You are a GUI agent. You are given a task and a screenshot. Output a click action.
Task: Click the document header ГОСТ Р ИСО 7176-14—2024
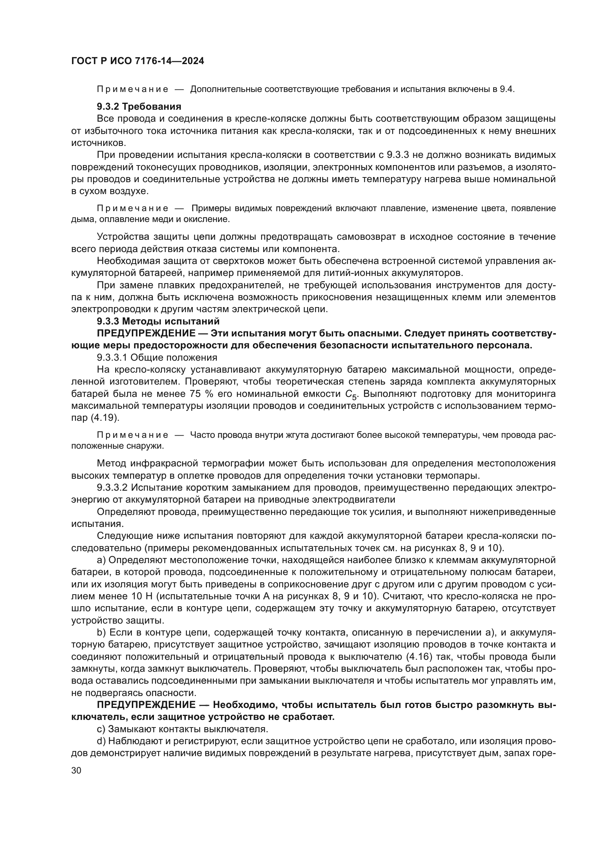point(137,61)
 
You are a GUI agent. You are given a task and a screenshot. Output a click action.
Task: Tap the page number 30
point(76,771)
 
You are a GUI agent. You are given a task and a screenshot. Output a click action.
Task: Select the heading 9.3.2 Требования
point(139,106)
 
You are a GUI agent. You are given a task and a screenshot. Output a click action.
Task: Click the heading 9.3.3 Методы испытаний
point(158,321)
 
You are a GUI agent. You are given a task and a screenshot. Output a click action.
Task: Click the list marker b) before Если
point(101,632)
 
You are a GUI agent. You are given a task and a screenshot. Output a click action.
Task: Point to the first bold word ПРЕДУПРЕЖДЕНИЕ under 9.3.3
point(146,333)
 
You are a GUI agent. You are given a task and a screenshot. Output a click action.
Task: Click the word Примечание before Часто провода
point(133,435)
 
